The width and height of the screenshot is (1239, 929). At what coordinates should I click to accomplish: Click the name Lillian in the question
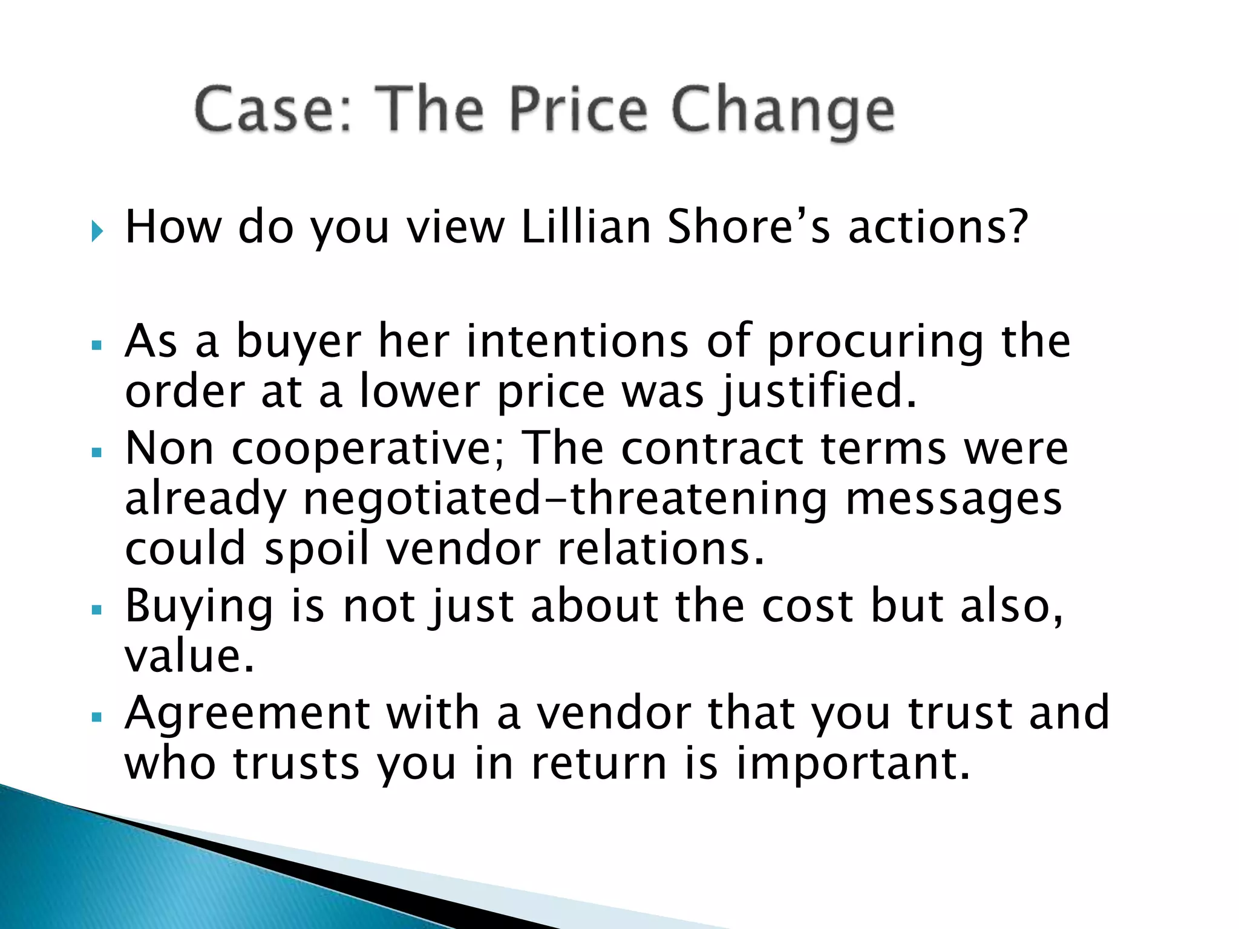(586, 227)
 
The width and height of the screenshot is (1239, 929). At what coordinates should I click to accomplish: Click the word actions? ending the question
(938, 227)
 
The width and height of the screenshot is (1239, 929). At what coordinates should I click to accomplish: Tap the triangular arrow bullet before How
(97, 230)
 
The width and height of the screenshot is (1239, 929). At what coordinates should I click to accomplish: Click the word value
(189, 656)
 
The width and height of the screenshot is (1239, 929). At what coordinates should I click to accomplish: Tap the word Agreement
(247, 714)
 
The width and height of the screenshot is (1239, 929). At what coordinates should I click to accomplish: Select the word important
(853, 764)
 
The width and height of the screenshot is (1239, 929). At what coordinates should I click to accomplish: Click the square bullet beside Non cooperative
(97, 452)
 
